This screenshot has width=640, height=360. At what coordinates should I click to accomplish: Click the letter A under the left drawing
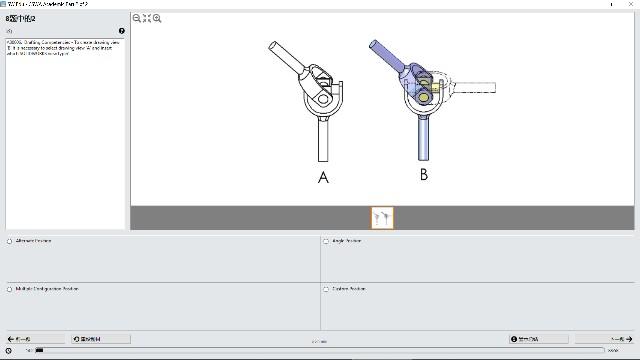[323, 178]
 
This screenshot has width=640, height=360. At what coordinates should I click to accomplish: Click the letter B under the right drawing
[424, 175]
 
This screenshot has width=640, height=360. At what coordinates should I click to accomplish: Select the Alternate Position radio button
[10, 241]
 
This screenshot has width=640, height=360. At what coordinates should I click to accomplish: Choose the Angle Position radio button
[326, 241]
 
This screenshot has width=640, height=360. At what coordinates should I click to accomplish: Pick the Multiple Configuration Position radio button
[10, 289]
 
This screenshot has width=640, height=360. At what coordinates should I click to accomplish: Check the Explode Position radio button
[326, 289]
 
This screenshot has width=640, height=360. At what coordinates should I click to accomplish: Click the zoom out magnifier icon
[137, 18]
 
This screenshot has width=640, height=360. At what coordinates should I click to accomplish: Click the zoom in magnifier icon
[157, 18]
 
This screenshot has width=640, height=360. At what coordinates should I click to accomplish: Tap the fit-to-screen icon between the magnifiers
[147, 18]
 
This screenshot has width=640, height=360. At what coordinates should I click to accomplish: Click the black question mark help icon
[122, 31]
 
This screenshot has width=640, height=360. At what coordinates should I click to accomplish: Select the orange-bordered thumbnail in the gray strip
[382, 217]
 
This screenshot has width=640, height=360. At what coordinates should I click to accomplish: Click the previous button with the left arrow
[19, 339]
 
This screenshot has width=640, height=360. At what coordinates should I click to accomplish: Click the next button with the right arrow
[605, 339]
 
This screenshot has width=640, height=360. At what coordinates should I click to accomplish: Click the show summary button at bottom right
[531, 339]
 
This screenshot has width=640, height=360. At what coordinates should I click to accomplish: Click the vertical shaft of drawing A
[323, 138]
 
